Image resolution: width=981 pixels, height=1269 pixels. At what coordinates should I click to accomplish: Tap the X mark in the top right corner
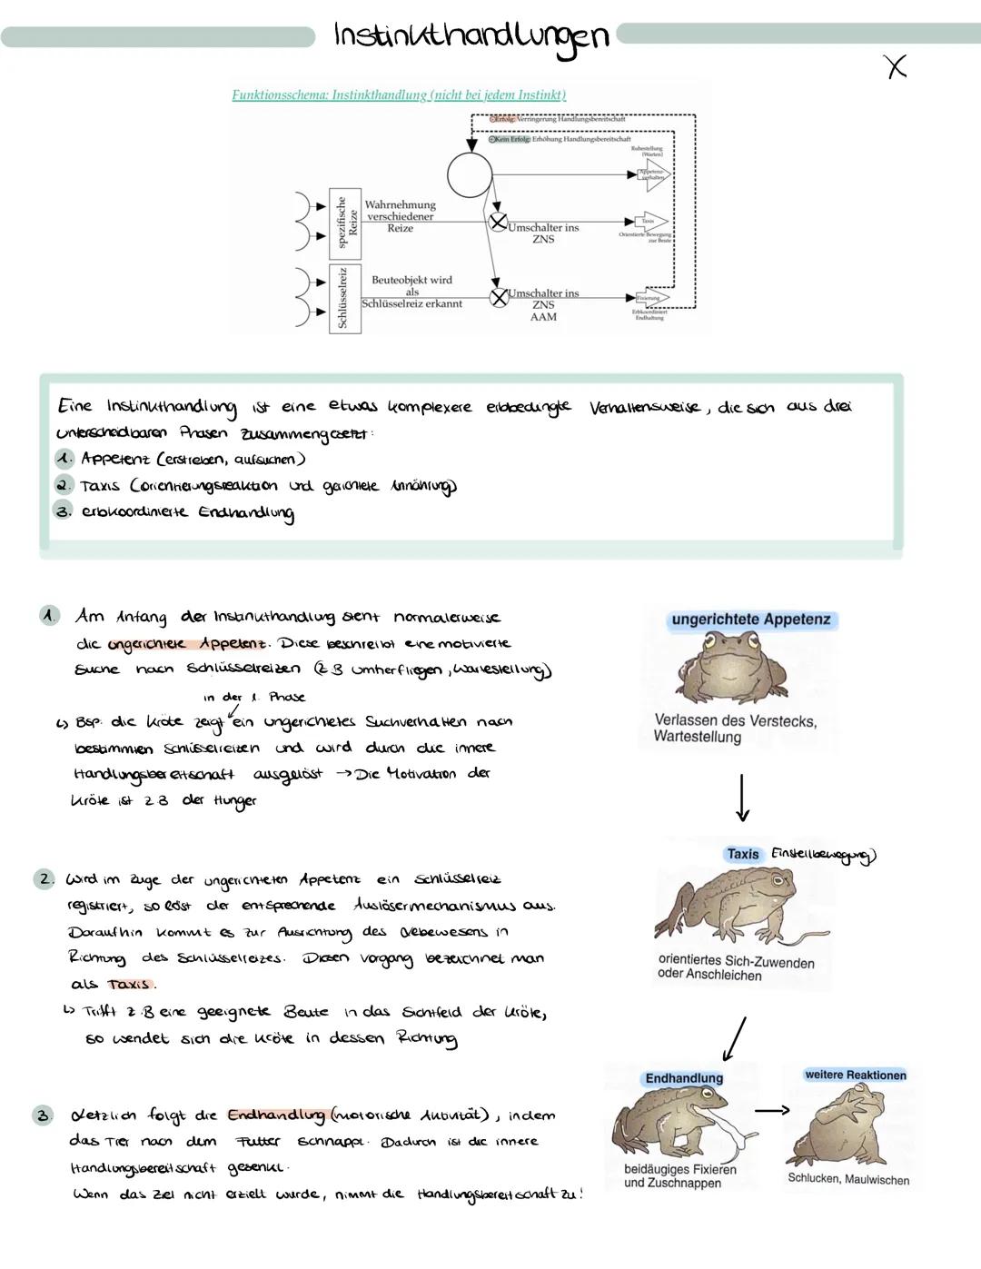coord(896,65)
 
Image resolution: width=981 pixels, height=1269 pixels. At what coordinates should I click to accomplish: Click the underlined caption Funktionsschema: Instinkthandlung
coord(399,95)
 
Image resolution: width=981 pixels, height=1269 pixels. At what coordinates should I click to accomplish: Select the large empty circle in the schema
coord(470,174)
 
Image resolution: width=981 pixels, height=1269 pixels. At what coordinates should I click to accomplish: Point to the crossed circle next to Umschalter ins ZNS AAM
coord(498,298)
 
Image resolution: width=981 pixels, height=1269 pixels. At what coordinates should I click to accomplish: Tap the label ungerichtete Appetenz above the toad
coord(750,620)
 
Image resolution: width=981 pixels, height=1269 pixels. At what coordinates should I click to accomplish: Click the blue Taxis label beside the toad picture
coord(743,854)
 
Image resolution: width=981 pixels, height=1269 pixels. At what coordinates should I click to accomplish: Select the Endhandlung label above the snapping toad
coord(684,1078)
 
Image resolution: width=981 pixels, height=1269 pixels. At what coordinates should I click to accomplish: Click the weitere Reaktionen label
coord(855,1075)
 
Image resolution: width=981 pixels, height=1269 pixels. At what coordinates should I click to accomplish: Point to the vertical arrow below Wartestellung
coord(742,797)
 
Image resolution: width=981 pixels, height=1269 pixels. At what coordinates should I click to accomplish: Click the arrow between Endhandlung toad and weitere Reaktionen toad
coord(772,1110)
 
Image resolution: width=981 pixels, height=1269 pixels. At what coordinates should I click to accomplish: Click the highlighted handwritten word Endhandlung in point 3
coord(275,1115)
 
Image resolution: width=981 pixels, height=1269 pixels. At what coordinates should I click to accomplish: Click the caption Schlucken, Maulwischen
coord(848,1178)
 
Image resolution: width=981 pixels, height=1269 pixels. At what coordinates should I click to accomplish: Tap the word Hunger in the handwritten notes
coord(234,800)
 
